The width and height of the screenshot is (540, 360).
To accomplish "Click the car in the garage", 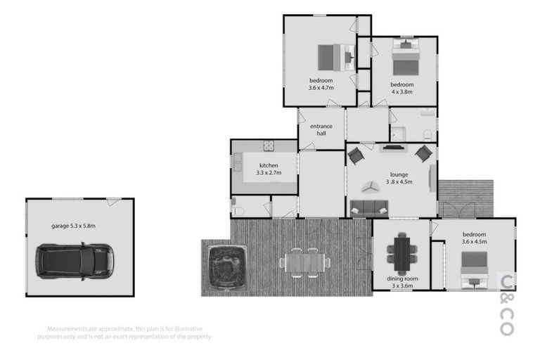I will point(73,261).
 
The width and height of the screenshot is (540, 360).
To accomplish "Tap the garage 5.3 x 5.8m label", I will point(73,226).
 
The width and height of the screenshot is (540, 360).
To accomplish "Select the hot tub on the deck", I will point(225,266).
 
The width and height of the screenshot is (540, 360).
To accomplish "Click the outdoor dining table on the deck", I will point(304,262).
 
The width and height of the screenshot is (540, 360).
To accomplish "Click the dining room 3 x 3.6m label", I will point(402,283).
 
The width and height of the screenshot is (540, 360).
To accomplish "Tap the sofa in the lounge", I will point(369,207).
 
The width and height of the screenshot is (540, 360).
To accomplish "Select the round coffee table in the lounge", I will point(370,186).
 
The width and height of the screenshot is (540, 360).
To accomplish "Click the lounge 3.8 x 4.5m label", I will point(399,178).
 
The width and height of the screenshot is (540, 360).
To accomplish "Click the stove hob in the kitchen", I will point(269,146).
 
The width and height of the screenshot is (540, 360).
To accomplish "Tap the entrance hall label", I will point(321,129).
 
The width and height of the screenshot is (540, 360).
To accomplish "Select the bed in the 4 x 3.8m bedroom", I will point(405,58).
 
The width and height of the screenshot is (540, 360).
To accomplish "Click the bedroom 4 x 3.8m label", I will point(402,88).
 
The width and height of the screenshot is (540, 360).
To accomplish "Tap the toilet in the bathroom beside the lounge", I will point(427,135).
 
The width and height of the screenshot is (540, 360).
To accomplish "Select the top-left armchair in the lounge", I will point(356,155).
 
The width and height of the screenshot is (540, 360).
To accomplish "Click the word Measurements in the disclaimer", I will point(68,328).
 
